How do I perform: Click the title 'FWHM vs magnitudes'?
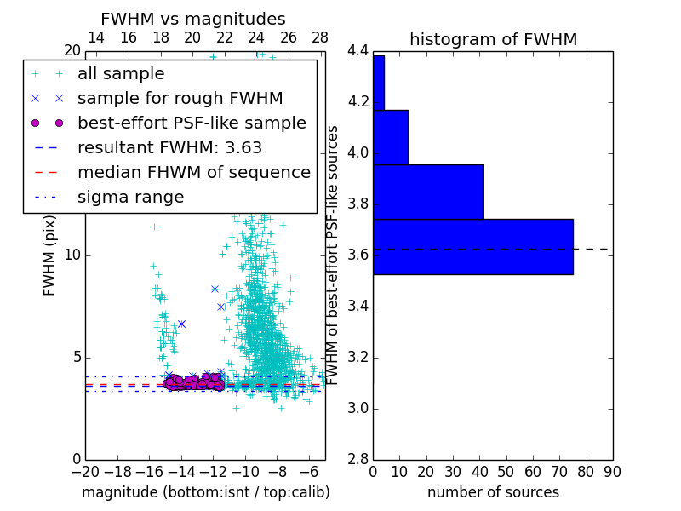pyautogui.click(x=193, y=19)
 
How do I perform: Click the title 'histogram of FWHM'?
pyautogui.click(x=493, y=39)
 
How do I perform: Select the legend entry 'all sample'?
pyautogui.click(x=121, y=74)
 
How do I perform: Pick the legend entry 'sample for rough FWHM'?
pyautogui.click(x=180, y=98)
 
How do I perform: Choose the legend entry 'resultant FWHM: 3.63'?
pyautogui.click(x=169, y=147)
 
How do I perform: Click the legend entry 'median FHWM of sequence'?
pyautogui.click(x=193, y=172)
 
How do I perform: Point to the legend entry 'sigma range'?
pyautogui.click(x=130, y=197)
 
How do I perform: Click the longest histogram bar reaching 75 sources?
pyautogui.click(x=472, y=246)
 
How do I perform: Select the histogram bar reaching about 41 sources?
pyautogui.click(x=427, y=192)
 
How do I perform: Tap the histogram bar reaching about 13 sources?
pyautogui.click(x=390, y=137)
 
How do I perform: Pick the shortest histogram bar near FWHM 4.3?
pyautogui.click(x=378, y=83)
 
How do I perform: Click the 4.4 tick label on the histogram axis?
pyautogui.click(x=358, y=51)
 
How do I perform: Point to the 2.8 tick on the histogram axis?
pyautogui.click(x=358, y=459)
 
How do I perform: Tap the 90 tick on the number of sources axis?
pyautogui.click(x=612, y=471)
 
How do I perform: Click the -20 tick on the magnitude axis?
pyautogui.click(x=85, y=471)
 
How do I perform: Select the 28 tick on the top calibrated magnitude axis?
pyautogui.click(x=320, y=37)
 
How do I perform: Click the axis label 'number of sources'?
pyautogui.click(x=493, y=492)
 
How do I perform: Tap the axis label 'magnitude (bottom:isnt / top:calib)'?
pyautogui.click(x=205, y=492)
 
